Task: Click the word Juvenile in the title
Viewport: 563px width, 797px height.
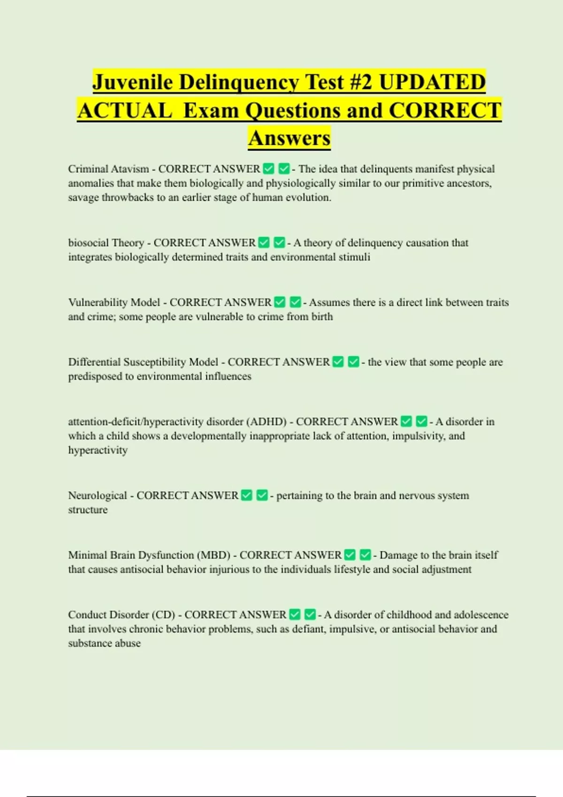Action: tap(133, 82)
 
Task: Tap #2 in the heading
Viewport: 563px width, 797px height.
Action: tap(360, 82)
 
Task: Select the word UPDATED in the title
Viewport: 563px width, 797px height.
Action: tap(432, 82)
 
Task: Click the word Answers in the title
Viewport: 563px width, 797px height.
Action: tap(289, 138)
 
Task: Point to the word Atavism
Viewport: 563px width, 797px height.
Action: tap(129, 169)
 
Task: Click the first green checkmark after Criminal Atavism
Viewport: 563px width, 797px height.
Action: tap(268, 168)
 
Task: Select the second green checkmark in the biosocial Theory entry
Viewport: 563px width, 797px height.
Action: tap(279, 242)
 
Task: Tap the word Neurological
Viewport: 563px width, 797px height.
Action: tap(97, 496)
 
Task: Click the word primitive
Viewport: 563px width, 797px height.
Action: tap(413, 183)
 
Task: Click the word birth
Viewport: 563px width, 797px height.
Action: tap(322, 316)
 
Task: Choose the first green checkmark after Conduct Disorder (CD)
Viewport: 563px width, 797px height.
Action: tap(295, 614)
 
